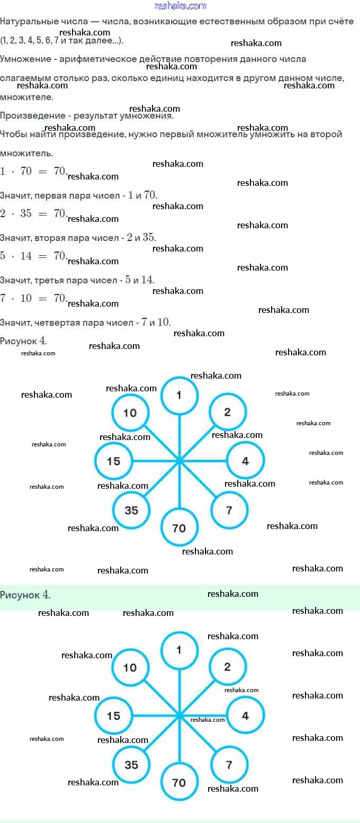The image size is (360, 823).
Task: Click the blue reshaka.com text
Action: click(180, 6)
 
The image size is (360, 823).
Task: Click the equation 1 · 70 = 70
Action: click(33, 171)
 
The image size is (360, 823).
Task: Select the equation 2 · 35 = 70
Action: click(33, 213)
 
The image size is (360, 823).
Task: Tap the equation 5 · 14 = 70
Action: click(33, 256)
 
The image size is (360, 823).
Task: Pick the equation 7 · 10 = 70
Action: click(33, 298)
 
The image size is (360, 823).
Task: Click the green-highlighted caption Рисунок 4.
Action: click(25, 595)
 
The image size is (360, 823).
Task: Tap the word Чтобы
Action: click(14, 135)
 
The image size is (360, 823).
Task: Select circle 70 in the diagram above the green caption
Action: click(179, 527)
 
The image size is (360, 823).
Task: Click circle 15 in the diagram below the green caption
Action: click(113, 715)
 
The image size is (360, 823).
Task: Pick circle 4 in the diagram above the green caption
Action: click(245, 461)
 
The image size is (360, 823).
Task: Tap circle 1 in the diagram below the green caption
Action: click(179, 649)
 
